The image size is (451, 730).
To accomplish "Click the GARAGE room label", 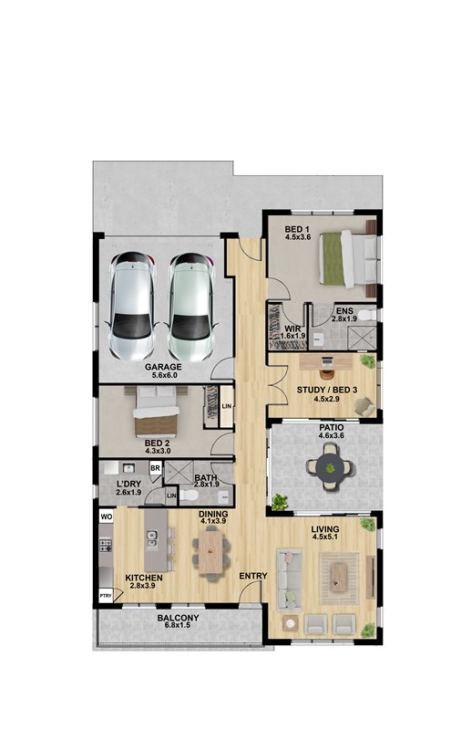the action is [x=163, y=367].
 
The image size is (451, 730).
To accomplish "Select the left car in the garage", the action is [x=132, y=307].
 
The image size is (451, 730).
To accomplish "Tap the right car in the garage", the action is [x=190, y=308].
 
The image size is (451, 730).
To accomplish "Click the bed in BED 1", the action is [x=349, y=258].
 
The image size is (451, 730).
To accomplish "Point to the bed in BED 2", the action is [x=157, y=412].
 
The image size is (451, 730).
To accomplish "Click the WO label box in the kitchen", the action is [x=107, y=516].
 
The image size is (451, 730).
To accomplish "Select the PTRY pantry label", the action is [x=106, y=596].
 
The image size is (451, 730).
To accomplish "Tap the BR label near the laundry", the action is [x=155, y=468].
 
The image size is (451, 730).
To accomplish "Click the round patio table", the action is [x=330, y=467].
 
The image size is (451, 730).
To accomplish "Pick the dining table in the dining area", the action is [x=210, y=552].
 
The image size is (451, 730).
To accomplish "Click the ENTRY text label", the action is [x=253, y=576].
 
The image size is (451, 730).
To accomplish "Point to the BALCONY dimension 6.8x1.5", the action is [x=178, y=625].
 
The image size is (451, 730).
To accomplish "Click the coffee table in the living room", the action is [x=339, y=578].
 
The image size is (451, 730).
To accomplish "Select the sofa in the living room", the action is [x=288, y=579].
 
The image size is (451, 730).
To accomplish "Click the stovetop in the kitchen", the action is [x=106, y=545].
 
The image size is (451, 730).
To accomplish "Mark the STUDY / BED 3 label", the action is [x=327, y=390].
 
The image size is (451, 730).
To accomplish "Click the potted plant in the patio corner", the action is [x=280, y=502].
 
